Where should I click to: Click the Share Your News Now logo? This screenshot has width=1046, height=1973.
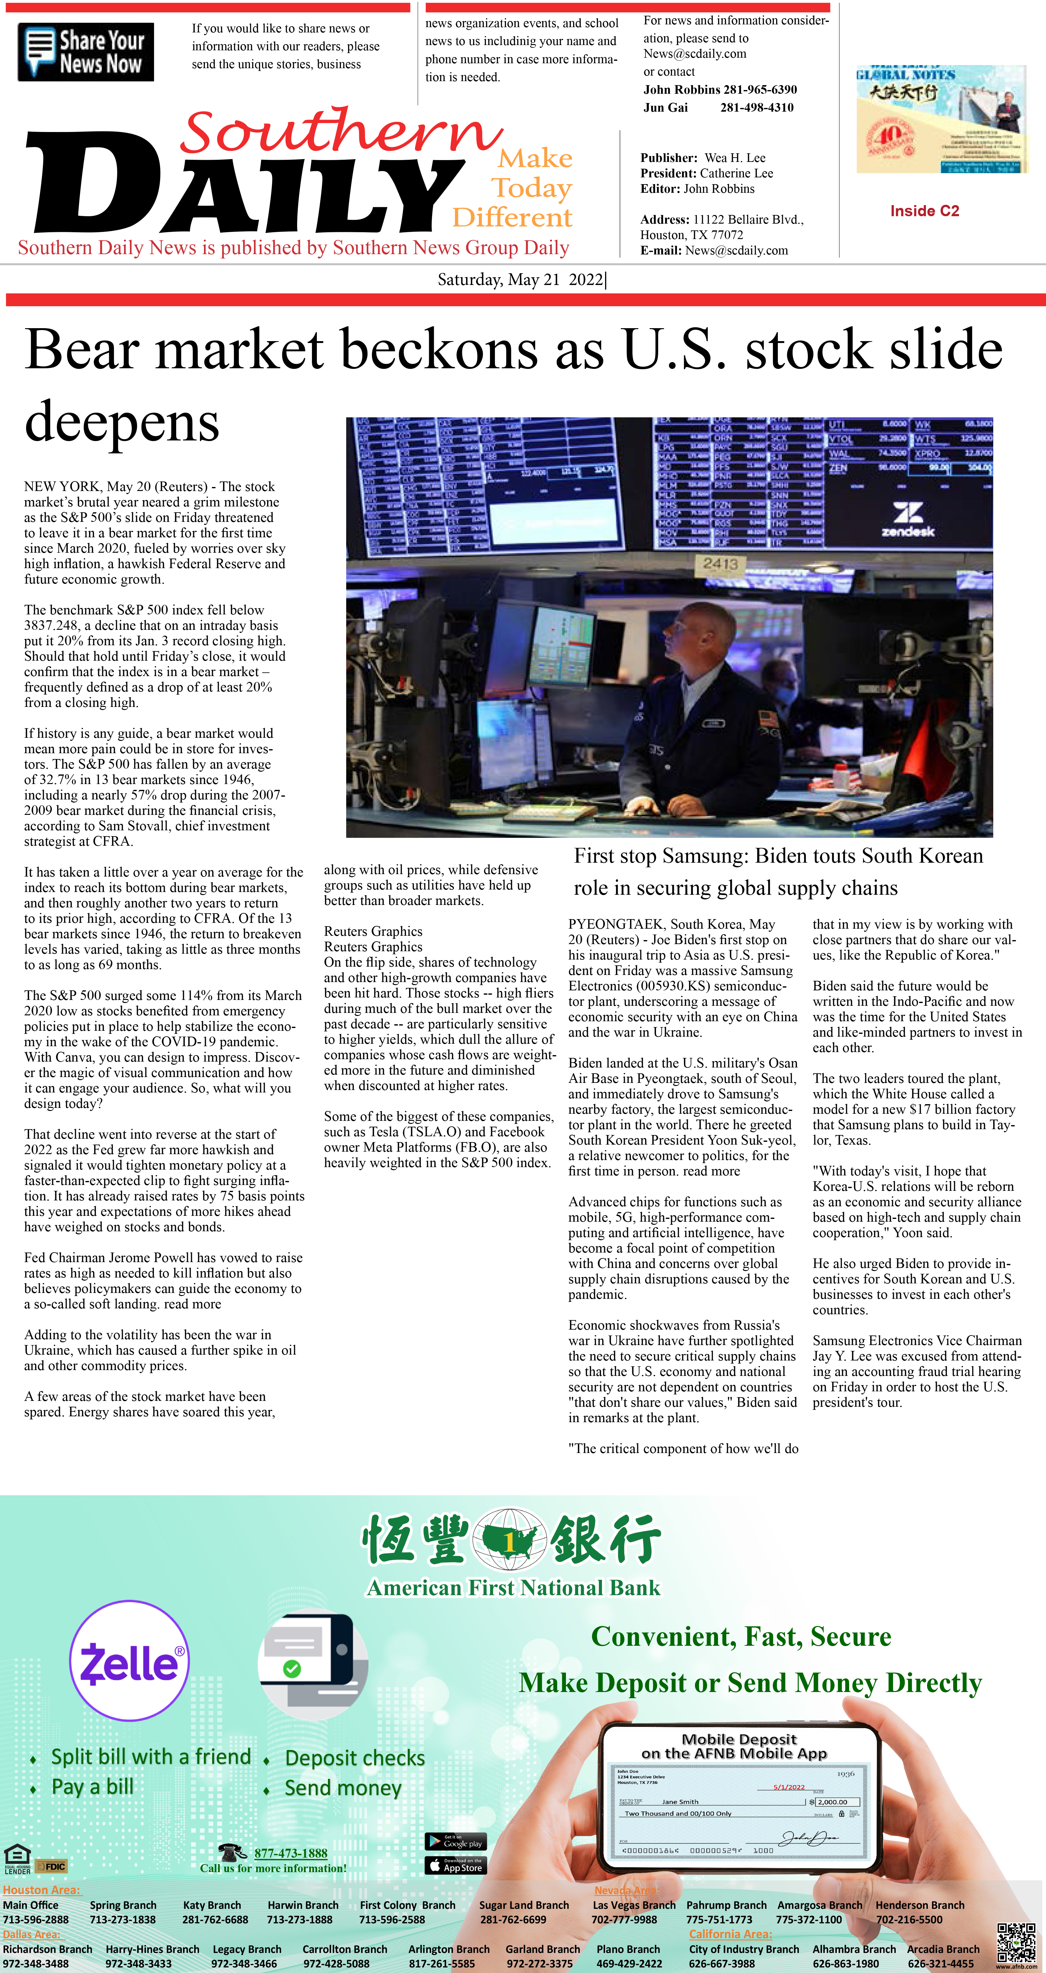(x=86, y=52)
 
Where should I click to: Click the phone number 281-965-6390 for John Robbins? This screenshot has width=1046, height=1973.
(x=759, y=90)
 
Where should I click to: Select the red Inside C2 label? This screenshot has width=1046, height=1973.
(x=924, y=211)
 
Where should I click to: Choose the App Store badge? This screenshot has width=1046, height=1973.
(x=455, y=1865)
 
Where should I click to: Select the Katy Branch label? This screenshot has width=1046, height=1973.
(x=211, y=1905)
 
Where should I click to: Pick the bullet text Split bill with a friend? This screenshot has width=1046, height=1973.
(x=151, y=1757)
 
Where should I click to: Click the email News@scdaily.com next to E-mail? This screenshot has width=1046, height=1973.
(x=736, y=250)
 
